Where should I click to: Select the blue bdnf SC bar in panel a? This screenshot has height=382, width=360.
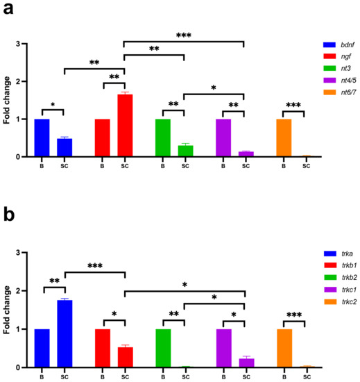(64, 147)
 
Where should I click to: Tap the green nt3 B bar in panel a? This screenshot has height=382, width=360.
(163, 138)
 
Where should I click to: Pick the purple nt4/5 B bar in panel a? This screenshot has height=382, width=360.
(223, 138)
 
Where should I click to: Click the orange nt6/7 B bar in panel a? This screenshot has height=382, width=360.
(284, 138)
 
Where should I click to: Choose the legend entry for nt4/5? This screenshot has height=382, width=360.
(327, 81)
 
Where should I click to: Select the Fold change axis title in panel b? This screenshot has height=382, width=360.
(8, 310)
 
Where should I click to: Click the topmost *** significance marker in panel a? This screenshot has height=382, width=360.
(184, 35)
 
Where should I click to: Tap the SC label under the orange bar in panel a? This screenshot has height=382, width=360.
(305, 166)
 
